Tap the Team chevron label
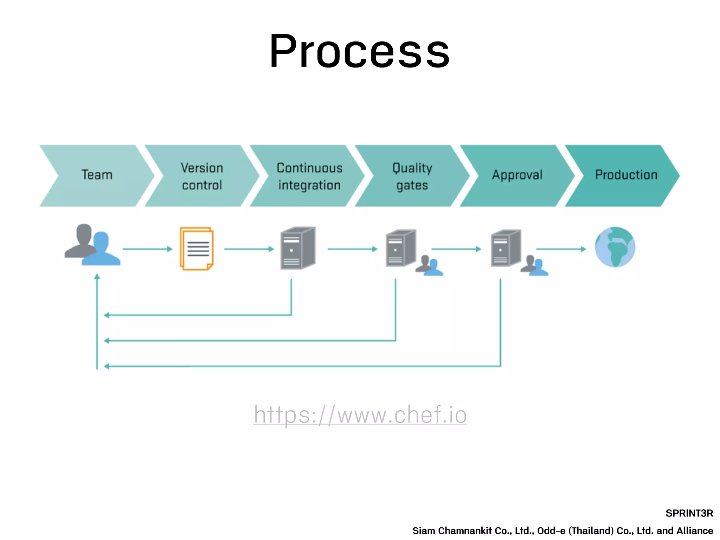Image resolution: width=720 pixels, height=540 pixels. (x=97, y=175)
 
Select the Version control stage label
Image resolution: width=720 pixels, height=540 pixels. (x=202, y=176)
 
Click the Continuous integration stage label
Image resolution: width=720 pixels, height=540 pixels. (x=309, y=176)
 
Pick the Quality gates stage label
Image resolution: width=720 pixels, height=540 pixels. (x=412, y=176)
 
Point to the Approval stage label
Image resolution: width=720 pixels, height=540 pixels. (x=517, y=175)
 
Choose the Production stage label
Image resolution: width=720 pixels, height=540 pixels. (x=626, y=175)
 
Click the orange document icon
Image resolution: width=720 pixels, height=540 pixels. (x=197, y=249)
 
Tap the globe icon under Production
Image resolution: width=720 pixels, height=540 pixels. (x=615, y=247)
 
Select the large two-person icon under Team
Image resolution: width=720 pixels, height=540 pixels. (x=92, y=245)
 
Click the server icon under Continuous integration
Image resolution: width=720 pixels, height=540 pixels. (x=298, y=248)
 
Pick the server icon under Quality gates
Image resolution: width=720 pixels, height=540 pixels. (x=401, y=248)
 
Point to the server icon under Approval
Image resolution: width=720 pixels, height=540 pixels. (x=506, y=248)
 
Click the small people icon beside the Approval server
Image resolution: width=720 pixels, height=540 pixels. (x=534, y=266)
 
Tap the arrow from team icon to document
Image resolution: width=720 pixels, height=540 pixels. (x=147, y=249)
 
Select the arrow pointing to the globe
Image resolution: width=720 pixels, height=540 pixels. (x=561, y=249)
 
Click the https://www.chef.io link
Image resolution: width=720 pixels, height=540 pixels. (x=360, y=414)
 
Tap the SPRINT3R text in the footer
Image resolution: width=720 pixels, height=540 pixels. (x=689, y=513)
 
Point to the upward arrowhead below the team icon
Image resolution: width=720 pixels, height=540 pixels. (x=97, y=277)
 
